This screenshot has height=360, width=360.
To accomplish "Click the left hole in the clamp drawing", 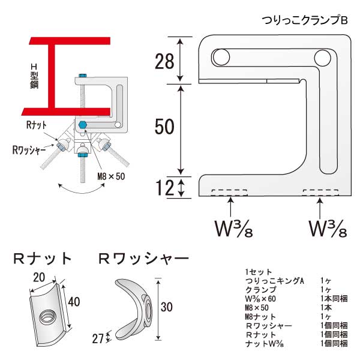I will tap(220, 58).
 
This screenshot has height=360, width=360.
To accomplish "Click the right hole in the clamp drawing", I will tap(322, 58).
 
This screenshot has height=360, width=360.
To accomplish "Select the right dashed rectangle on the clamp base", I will tap(321, 193).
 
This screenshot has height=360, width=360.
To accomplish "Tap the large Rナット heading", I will tap(43, 259).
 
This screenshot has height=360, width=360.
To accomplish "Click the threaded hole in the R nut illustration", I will tap(46, 316).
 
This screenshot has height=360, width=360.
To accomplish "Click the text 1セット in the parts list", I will tap(259, 271).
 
